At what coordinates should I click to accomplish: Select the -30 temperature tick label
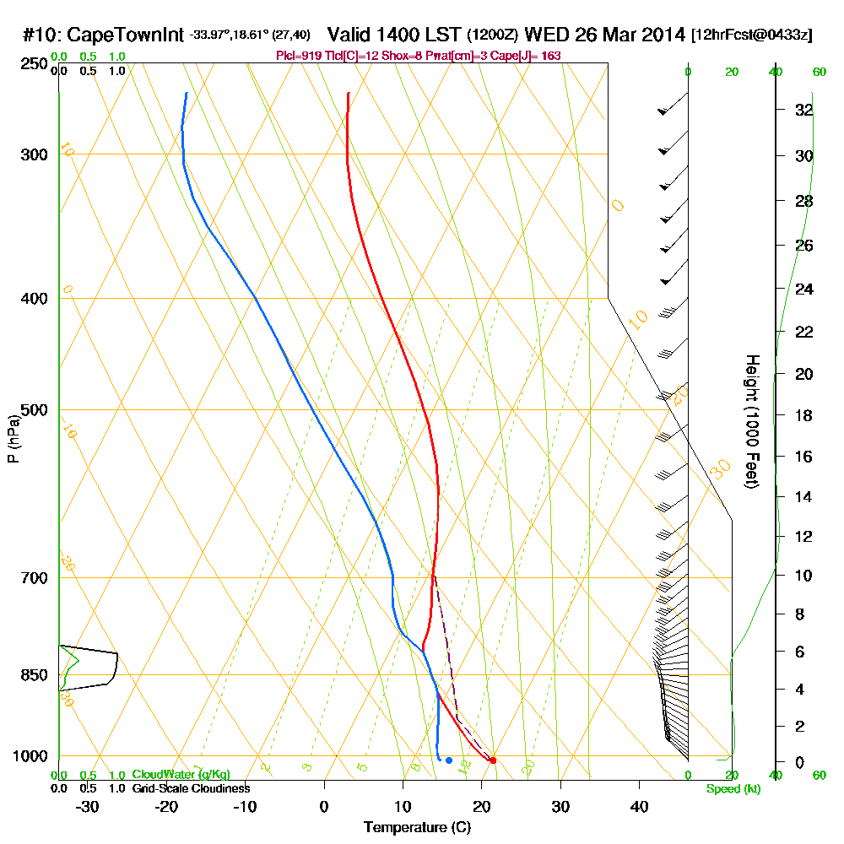(88, 807)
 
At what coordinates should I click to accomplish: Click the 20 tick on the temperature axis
(481, 807)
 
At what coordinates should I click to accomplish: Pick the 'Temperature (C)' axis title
(417, 828)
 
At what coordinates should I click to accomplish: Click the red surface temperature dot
(493, 760)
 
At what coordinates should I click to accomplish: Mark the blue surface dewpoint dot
(448, 760)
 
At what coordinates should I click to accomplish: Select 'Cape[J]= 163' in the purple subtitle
(527, 55)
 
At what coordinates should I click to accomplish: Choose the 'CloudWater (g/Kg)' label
(181, 775)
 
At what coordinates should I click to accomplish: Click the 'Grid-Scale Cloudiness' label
(190, 788)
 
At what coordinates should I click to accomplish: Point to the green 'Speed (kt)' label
(732, 788)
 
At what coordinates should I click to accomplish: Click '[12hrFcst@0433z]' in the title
(751, 35)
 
